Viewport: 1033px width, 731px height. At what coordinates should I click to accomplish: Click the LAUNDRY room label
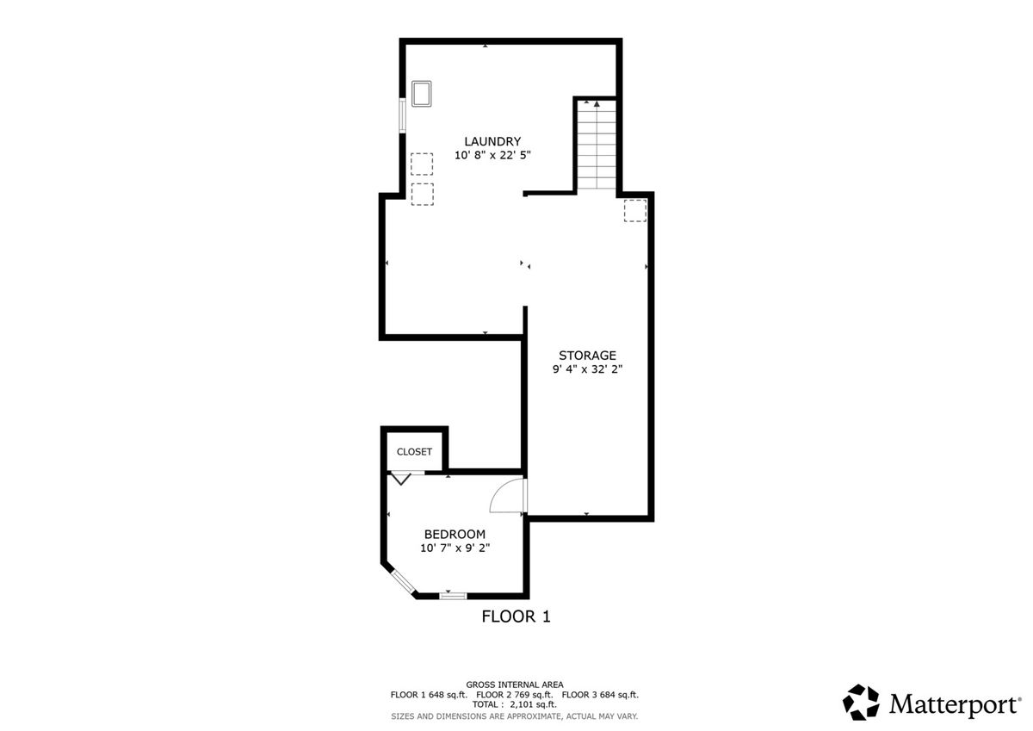tap(492, 141)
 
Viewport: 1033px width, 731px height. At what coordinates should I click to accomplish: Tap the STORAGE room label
tap(587, 355)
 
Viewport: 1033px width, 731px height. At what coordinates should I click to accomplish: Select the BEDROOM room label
tap(455, 534)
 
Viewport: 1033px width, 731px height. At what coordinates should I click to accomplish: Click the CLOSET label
tap(414, 451)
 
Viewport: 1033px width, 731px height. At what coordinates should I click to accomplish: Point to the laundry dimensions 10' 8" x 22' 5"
tap(492, 155)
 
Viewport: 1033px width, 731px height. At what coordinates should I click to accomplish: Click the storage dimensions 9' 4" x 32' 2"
tap(587, 369)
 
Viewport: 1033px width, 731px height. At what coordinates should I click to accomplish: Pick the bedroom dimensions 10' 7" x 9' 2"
tap(455, 548)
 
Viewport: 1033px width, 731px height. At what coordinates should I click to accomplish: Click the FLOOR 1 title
tap(516, 616)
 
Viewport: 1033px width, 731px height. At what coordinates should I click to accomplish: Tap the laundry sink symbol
tap(422, 94)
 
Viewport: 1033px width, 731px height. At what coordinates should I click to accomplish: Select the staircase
tap(597, 146)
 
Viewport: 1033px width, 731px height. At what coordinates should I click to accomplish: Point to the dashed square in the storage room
tap(635, 210)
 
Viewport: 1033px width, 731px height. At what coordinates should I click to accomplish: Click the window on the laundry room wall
tap(402, 115)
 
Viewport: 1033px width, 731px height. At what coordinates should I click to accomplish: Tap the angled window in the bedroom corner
tap(405, 583)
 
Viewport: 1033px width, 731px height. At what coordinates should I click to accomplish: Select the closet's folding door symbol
tap(400, 478)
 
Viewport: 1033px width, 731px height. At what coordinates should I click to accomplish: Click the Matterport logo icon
tap(861, 702)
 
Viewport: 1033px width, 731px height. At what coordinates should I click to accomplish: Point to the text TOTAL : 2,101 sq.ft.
tap(514, 704)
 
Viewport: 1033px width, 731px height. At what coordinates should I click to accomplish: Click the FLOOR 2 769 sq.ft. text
tap(514, 695)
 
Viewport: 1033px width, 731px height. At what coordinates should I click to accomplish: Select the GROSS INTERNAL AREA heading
tap(515, 685)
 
